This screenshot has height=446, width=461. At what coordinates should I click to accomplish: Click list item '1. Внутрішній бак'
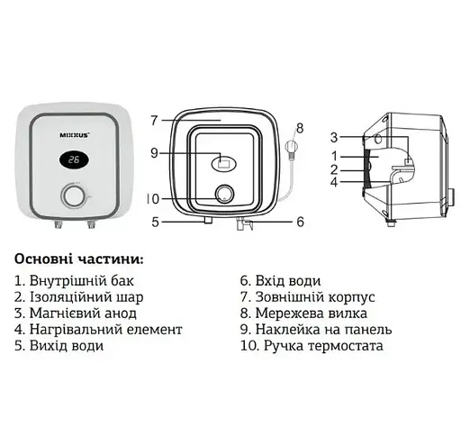tap(77, 281)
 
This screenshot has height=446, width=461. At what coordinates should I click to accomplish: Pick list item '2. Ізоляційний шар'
tap(79, 297)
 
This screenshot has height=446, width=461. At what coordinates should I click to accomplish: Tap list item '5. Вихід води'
tap(60, 346)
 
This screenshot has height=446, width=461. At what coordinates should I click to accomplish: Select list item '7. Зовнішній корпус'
tap(307, 297)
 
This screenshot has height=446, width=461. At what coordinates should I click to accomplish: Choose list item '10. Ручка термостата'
tap(307, 346)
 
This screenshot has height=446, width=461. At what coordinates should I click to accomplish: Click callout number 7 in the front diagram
tap(154, 120)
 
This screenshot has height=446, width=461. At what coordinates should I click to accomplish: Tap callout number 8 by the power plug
tap(300, 126)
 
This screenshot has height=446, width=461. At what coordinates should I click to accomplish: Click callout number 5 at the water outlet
tap(155, 221)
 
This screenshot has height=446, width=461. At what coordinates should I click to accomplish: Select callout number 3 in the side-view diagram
tap(333, 137)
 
